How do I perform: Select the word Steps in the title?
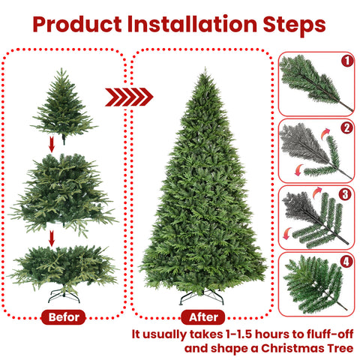tap(294, 24)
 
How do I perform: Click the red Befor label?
tap(63, 317)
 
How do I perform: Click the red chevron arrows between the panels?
tap(128, 97)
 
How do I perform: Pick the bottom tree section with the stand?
tap(63, 267)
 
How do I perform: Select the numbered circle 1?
tap(346, 61)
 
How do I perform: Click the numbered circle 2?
tap(346, 127)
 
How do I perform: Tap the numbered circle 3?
tap(346, 194)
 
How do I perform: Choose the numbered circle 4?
tap(346, 262)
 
